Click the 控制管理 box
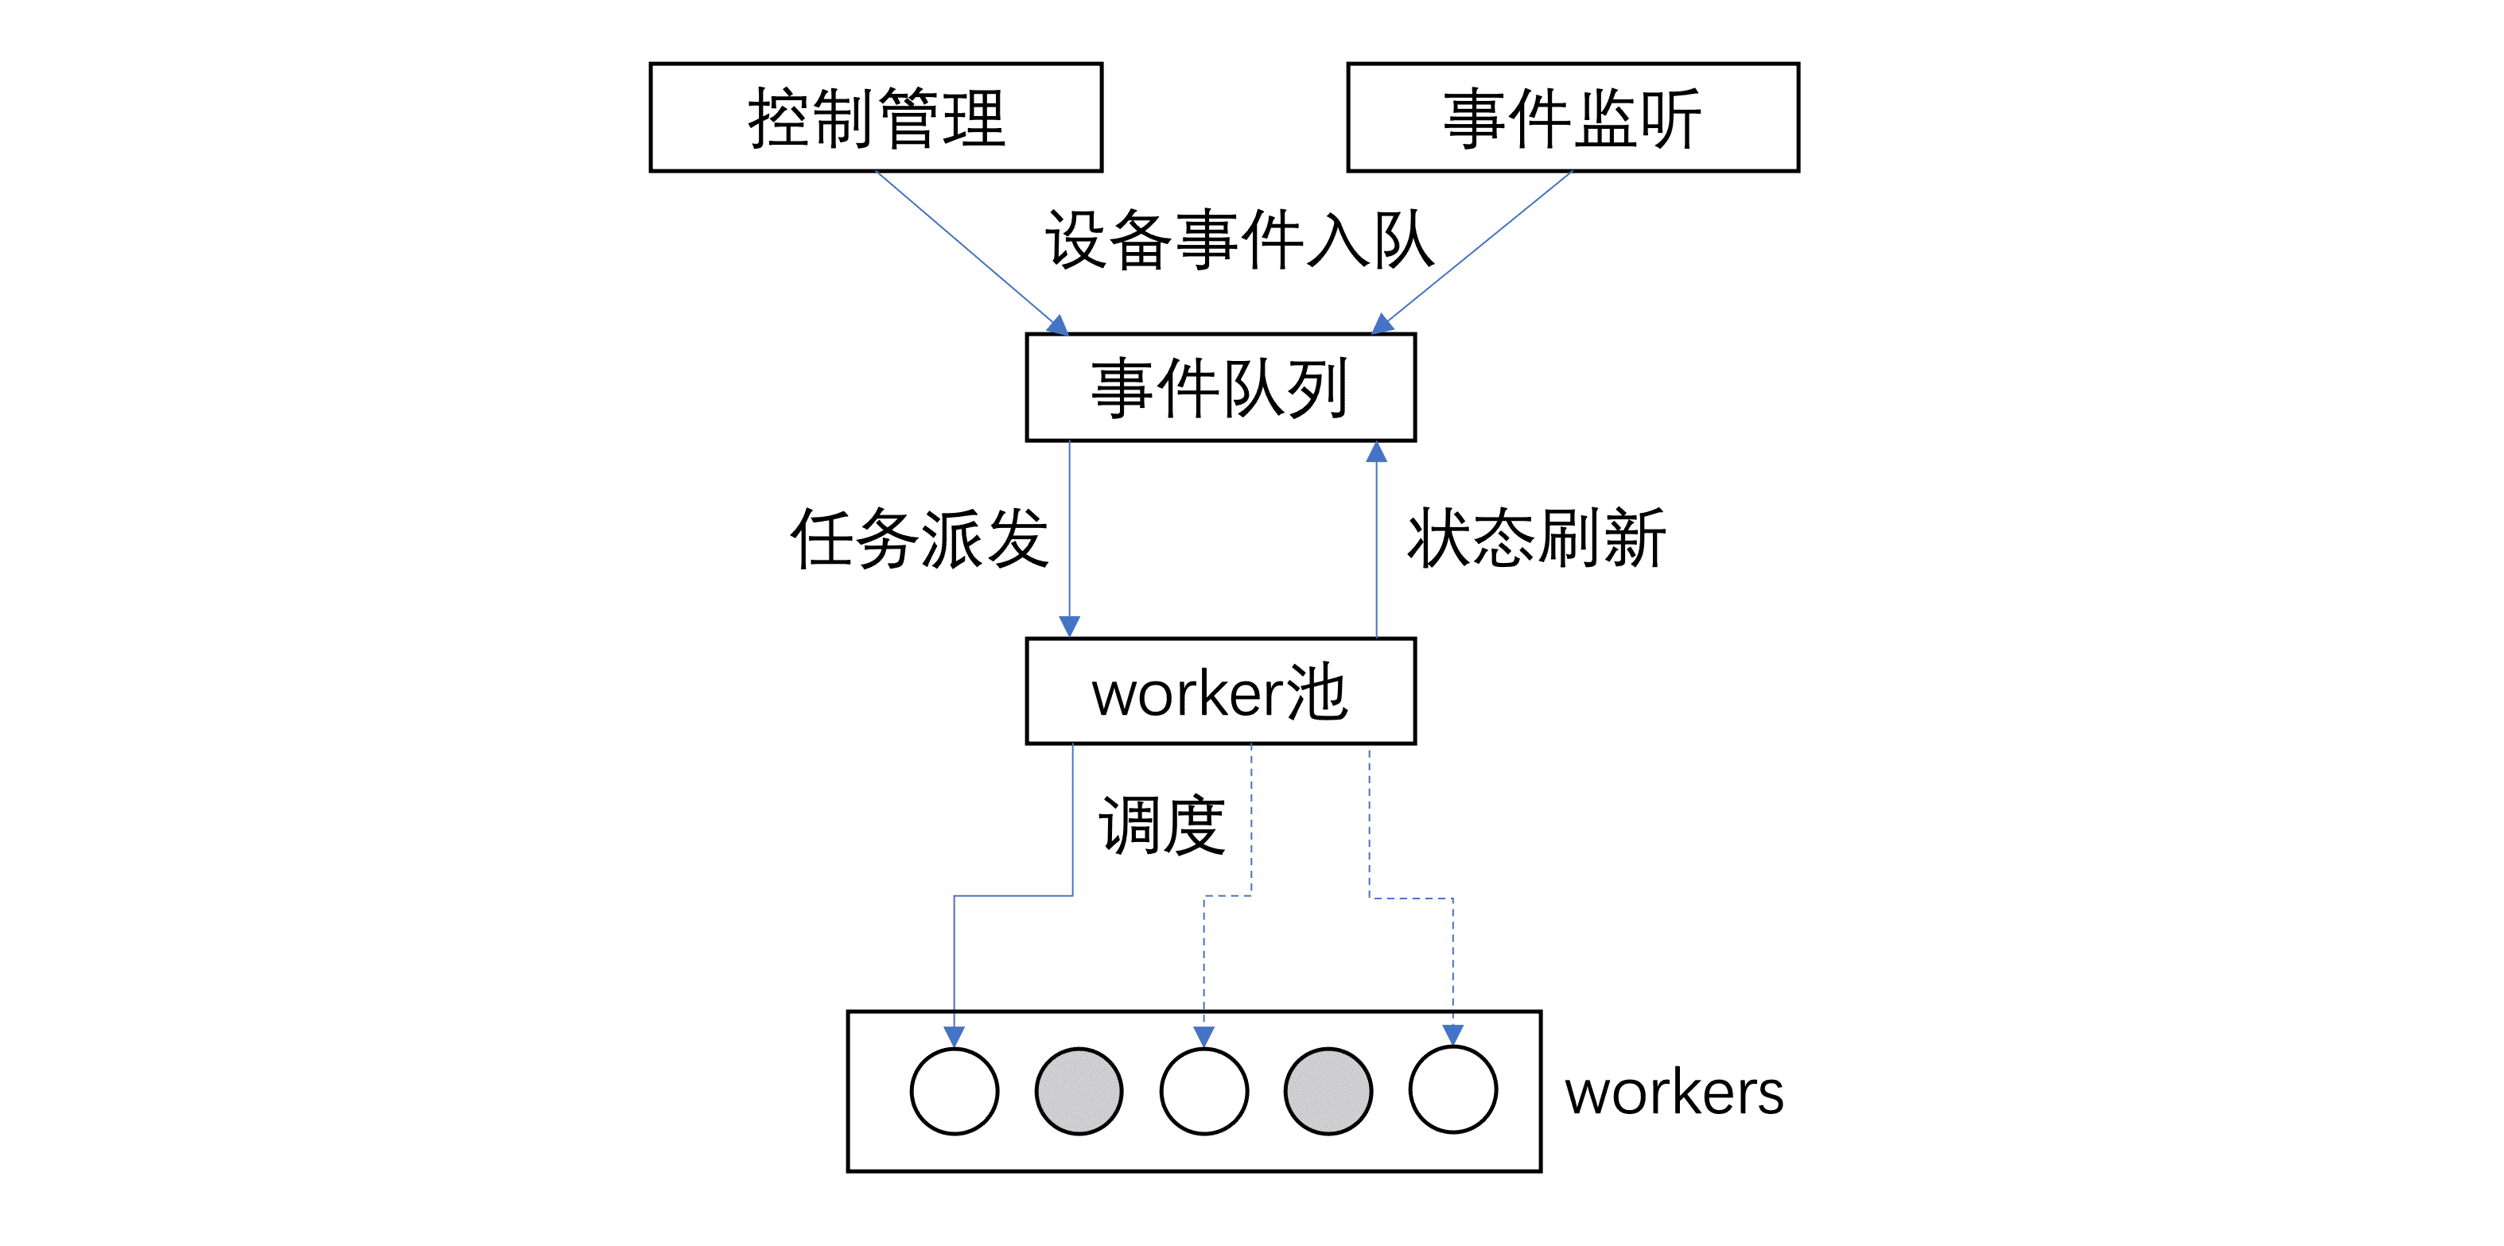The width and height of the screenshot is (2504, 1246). [876, 118]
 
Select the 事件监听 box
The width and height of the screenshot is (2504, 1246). [1572, 118]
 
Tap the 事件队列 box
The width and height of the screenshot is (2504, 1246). [1220, 386]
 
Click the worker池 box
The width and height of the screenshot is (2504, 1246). [1220, 691]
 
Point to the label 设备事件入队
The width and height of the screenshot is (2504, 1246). [1238, 239]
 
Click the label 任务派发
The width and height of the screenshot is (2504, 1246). [919, 538]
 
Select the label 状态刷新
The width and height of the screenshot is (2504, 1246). [1537, 538]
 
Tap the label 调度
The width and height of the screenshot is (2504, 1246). [1161, 825]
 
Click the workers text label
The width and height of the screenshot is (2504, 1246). [1674, 1093]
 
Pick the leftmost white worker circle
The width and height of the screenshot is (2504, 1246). [954, 1090]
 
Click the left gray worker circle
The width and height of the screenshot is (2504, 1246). [1079, 1090]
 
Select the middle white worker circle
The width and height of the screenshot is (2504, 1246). [1203, 1090]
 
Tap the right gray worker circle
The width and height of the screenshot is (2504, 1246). [1328, 1090]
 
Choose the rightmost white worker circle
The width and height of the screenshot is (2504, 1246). [1452, 1089]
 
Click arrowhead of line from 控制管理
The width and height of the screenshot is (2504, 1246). [1058, 325]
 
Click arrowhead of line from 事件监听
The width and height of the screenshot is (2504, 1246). [1382, 324]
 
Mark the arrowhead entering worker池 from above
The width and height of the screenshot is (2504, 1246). [1069, 627]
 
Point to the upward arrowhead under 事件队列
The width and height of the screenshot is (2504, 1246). [1376, 452]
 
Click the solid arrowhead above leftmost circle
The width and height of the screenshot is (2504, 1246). [954, 1036]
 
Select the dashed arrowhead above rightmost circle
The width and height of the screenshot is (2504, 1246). [1452, 1035]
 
